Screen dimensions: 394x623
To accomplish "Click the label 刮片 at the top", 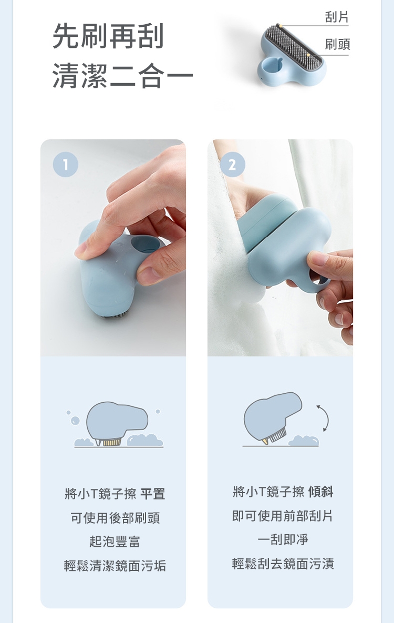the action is coord(336,17).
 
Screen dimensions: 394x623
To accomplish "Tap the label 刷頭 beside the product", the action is coord(337,44).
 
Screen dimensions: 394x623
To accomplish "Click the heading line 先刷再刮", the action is coord(108,36).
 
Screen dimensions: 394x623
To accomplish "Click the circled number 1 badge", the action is coord(66,165).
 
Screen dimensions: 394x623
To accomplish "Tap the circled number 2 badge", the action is coord(232,165).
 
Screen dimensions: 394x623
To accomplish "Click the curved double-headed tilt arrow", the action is coord(327,418).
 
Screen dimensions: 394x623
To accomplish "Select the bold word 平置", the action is coord(152,494).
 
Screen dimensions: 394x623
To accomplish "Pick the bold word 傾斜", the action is coord(320,492).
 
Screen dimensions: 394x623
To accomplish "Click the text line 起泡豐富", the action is coord(115,542).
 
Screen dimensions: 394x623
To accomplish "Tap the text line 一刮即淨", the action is coord(283,539).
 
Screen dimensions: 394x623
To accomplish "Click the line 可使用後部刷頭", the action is coord(115,518).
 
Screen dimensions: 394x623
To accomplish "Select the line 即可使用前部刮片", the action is coord(283,516).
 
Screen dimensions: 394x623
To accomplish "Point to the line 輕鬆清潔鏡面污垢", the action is coord(115,565).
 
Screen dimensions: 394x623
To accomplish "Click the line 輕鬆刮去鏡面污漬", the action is coord(283,564).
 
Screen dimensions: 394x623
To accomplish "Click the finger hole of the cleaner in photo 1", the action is coord(145,244).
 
